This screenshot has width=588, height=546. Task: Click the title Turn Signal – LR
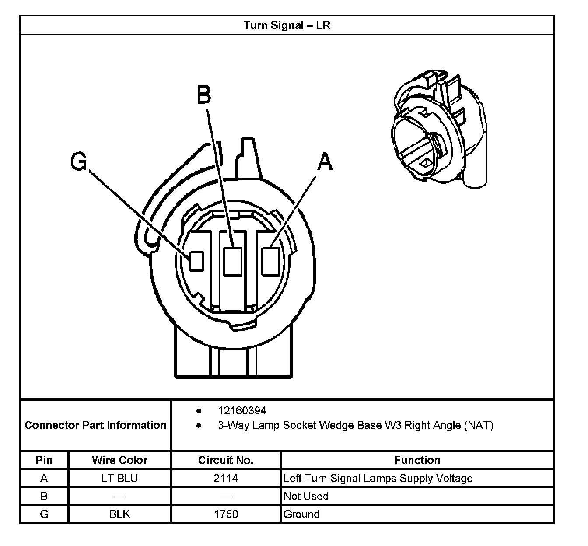pos(287,25)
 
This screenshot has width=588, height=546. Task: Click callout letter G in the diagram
pos(79,162)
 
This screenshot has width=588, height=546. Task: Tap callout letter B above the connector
pos(204,94)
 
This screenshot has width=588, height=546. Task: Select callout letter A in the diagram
pos(324,161)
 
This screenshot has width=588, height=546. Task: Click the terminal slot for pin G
pos(196,261)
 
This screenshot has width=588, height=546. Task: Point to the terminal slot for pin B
pos(232,261)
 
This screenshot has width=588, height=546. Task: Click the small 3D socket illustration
pos(437,129)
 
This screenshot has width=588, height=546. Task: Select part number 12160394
pos(242,410)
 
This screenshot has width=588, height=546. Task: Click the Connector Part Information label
pos(95,425)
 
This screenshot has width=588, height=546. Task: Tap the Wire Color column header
pos(119,460)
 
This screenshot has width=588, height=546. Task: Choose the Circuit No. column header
pos(226,460)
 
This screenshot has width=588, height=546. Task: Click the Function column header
pos(417,460)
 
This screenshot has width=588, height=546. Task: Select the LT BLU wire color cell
pos(119,478)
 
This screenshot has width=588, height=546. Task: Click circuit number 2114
pos(226,478)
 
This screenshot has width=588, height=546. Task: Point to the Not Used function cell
pos(306,496)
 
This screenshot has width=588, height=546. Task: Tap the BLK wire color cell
pos(119,514)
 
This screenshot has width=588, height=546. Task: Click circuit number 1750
pos(226,514)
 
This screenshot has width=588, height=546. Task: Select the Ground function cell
pos(301,514)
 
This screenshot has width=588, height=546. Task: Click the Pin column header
pos(44,460)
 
